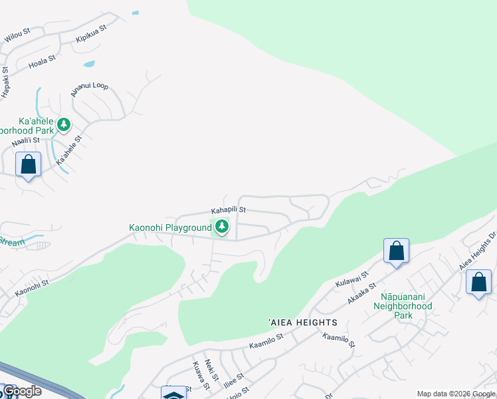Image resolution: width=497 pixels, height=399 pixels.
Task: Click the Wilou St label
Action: coord(17,35)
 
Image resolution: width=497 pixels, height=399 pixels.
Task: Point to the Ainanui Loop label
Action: coord(90,92)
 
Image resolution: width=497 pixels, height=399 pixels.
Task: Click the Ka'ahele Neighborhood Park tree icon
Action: coord(64,124)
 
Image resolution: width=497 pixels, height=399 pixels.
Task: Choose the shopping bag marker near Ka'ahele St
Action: coord(29,164)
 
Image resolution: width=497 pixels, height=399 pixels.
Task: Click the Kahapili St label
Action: coord(229,210)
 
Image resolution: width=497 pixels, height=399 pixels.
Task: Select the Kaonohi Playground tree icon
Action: coord(222,227)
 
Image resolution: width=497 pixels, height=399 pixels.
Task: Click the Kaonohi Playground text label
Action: coord(169,228)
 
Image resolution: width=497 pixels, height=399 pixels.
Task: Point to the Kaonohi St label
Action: coord(32,287)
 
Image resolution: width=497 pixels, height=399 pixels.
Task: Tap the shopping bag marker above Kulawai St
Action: coord(396,251)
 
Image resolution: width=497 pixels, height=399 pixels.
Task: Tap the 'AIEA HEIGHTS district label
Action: coord(302,323)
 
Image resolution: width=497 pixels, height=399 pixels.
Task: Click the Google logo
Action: coord(21,391)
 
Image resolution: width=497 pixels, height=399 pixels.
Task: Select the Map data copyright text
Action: coord(456,394)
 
